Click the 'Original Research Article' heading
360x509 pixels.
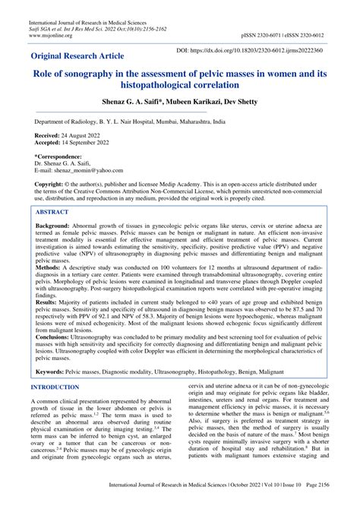tap(87, 56)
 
